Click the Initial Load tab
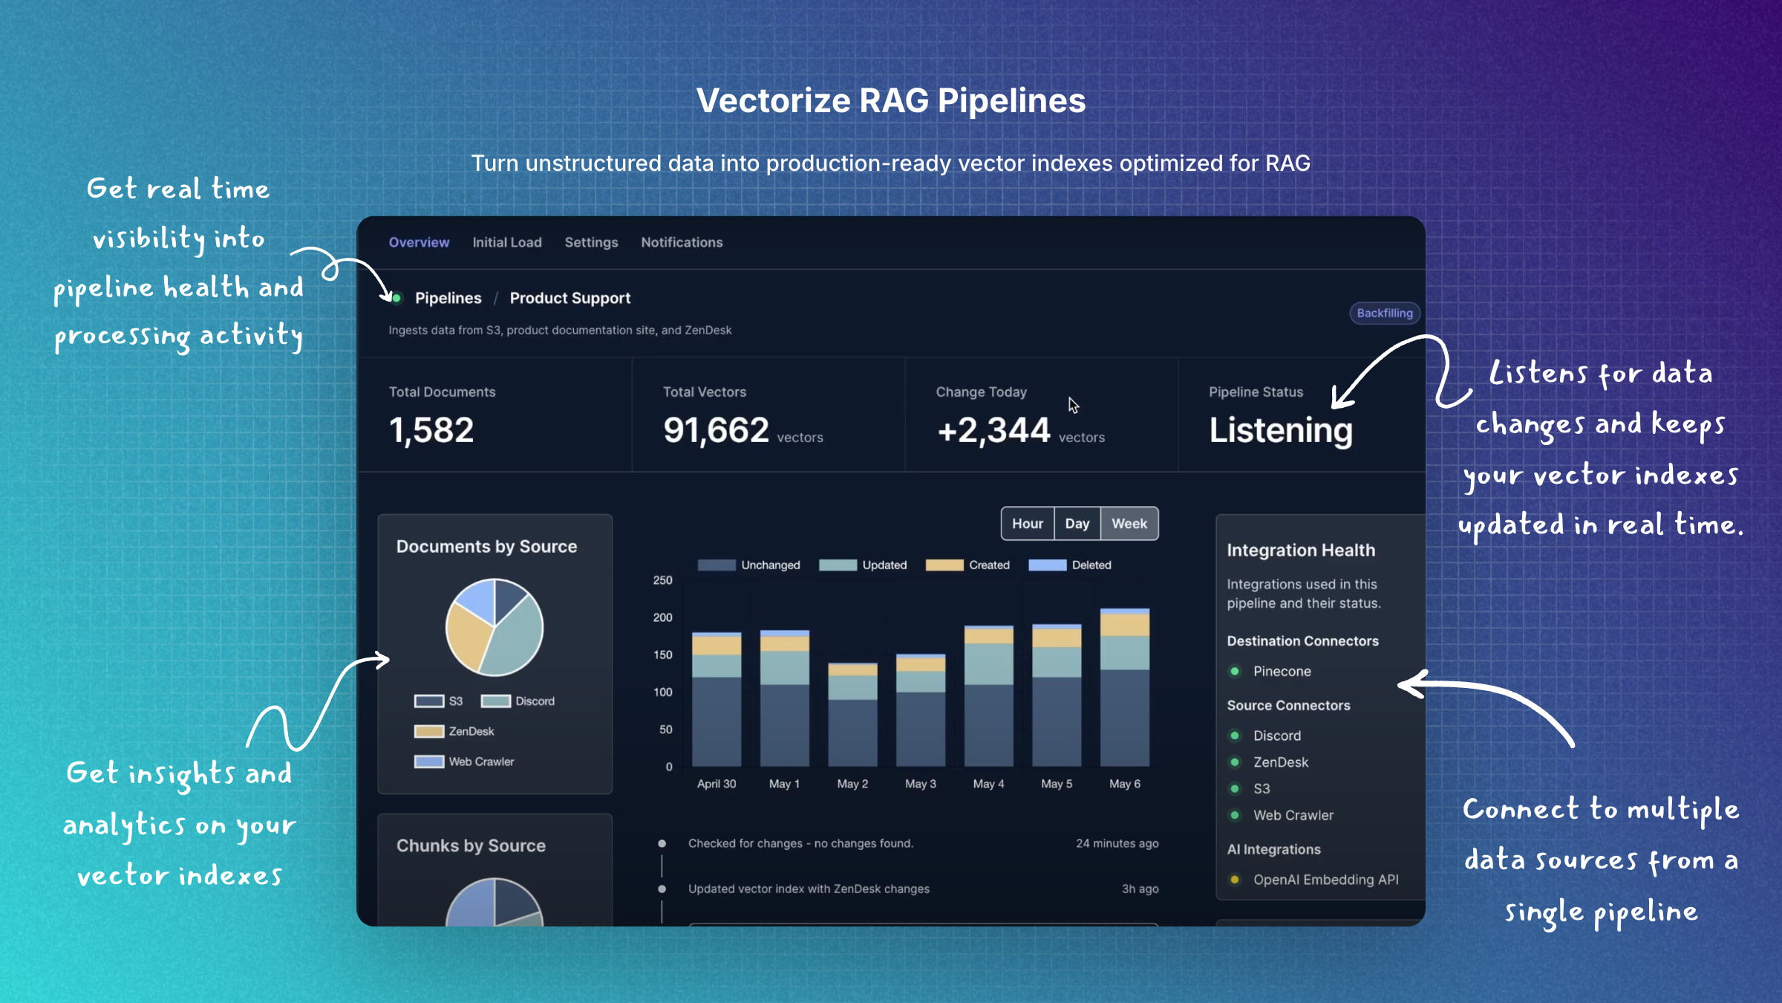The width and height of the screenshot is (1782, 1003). pyautogui.click(x=507, y=242)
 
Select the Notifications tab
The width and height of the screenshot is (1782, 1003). pyautogui.click(x=682, y=242)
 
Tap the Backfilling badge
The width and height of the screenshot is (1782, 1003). pyautogui.click(x=1384, y=313)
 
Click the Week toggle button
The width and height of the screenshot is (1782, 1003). pyautogui.click(x=1129, y=524)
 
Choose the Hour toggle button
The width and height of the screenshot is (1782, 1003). pyautogui.click(x=1027, y=524)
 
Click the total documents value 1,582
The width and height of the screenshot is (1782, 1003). pyautogui.click(x=431, y=430)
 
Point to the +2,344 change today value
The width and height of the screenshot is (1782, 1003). pyautogui.click(x=993, y=430)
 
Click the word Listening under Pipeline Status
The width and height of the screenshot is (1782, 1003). pyautogui.click(x=1281, y=430)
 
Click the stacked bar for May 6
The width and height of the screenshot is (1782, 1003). pyautogui.click(x=1124, y=687)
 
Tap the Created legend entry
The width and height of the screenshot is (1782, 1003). pyautogui.click(x=968, y=565)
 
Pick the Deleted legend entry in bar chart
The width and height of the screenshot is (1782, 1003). pyautogui.click(x=1071, y=565)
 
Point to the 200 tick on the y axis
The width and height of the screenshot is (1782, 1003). pyautogui.click(x=662, y=617)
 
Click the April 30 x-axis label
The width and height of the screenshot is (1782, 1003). pyautogui.click(x=716, y=784)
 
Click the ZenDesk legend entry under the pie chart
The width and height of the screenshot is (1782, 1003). pyautogui.click(x=454, y=732)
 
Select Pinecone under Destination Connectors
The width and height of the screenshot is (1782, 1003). pyautogui.click(x=1282, y=672)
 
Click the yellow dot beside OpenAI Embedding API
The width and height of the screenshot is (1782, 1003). pyautogui.click(x=1234, y=880)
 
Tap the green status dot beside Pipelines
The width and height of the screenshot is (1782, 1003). pyautogui.click(x=396, y=299)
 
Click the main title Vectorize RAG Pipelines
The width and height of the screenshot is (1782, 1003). pyautogui.click(x=890, y=101)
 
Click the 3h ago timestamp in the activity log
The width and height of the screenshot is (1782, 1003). pyautogui.click(x=1139, y=889)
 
